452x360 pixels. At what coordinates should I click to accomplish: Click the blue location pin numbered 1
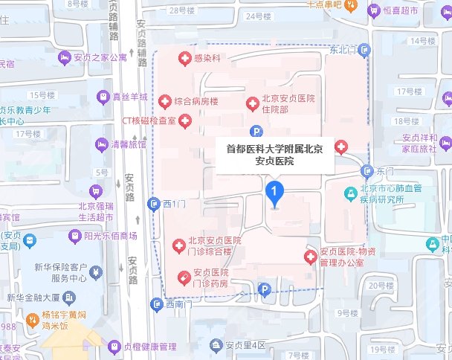(x=275, y=195)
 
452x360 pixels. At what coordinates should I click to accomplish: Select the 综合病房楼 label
(x=196, y=100)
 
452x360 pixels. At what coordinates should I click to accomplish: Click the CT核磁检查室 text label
(x=148, y=120)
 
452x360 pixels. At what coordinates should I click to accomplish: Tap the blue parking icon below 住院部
(x=256, y=132)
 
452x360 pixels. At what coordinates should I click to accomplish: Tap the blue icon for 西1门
(x=154, y=203)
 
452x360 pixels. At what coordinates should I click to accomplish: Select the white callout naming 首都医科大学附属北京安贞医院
(x=274, y=154)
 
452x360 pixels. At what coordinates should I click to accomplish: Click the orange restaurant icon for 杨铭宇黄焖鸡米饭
(x=32, y=320)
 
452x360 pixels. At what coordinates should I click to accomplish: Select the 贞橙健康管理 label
(x=149, y=347)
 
